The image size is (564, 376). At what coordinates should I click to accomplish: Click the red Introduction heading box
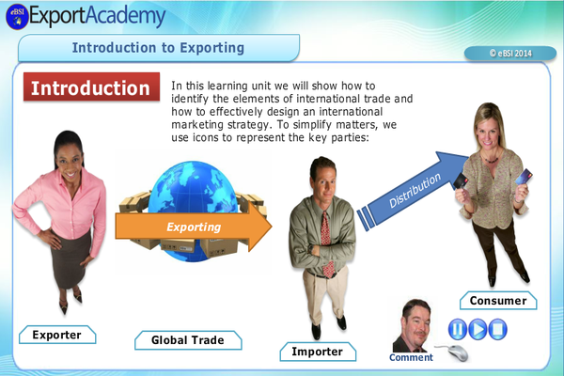coord(90,87)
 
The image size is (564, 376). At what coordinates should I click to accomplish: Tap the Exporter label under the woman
coord(57,334)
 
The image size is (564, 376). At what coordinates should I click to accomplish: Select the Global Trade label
coord(188,339)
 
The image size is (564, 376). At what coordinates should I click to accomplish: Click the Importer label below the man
coord(318,352)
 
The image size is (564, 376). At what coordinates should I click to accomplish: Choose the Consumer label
coord(497,300)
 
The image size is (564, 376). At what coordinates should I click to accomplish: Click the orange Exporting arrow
coord(194,227)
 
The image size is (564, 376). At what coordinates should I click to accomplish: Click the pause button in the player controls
coord(457,329)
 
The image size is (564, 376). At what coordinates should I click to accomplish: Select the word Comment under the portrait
coord(412,357)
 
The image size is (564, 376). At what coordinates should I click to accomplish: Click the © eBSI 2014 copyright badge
coord(509,54)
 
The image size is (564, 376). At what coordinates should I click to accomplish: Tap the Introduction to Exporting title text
coord(158,47)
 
